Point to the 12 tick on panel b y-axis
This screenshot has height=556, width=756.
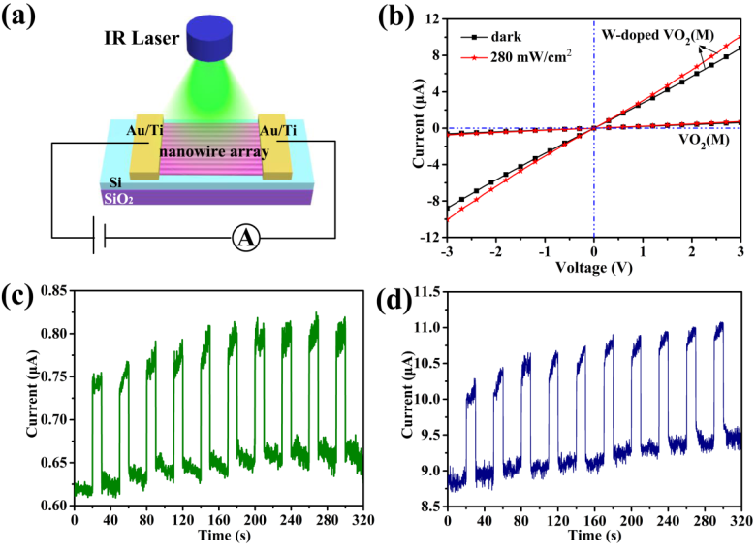coord(432,19)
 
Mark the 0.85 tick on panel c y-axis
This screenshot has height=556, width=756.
coord(57,291)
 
